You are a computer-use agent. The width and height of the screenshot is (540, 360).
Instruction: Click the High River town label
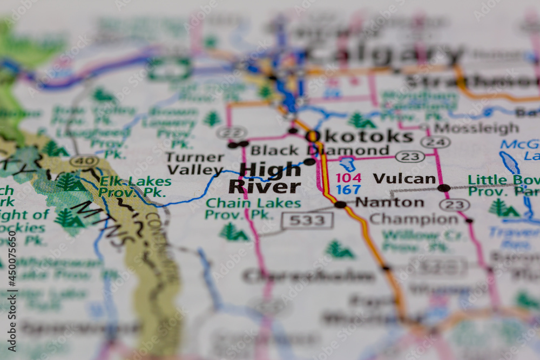click(265, 178)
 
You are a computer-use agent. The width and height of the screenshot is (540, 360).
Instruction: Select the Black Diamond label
click(320, 151)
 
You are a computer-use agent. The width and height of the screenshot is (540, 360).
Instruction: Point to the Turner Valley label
click(194, 164)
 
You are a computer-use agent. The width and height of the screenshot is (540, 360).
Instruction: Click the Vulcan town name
click(404, 179)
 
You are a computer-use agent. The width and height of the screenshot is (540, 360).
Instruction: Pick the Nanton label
click(389, 202)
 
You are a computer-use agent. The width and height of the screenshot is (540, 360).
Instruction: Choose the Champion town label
click(414, 219)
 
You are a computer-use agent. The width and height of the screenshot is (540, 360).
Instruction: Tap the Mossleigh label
click(476, 128)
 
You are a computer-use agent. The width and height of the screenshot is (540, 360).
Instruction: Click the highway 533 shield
click(307, 220)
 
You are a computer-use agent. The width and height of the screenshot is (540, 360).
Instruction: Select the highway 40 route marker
click(84, 161)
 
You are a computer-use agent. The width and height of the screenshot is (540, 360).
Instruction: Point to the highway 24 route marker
click(435, 142)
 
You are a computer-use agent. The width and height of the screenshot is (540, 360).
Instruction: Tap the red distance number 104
click(348, 178)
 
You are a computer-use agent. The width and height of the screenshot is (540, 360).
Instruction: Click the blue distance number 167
click(348, 190)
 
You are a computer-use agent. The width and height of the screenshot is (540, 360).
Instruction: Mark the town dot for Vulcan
click(443, 188)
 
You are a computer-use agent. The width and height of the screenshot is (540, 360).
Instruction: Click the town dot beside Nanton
click(340, 204)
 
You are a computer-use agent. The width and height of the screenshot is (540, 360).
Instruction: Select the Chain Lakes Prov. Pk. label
click(253, 209)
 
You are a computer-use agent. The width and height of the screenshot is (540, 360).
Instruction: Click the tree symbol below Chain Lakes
click(233, 233)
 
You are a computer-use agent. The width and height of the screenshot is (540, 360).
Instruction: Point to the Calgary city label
click(383, 54)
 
